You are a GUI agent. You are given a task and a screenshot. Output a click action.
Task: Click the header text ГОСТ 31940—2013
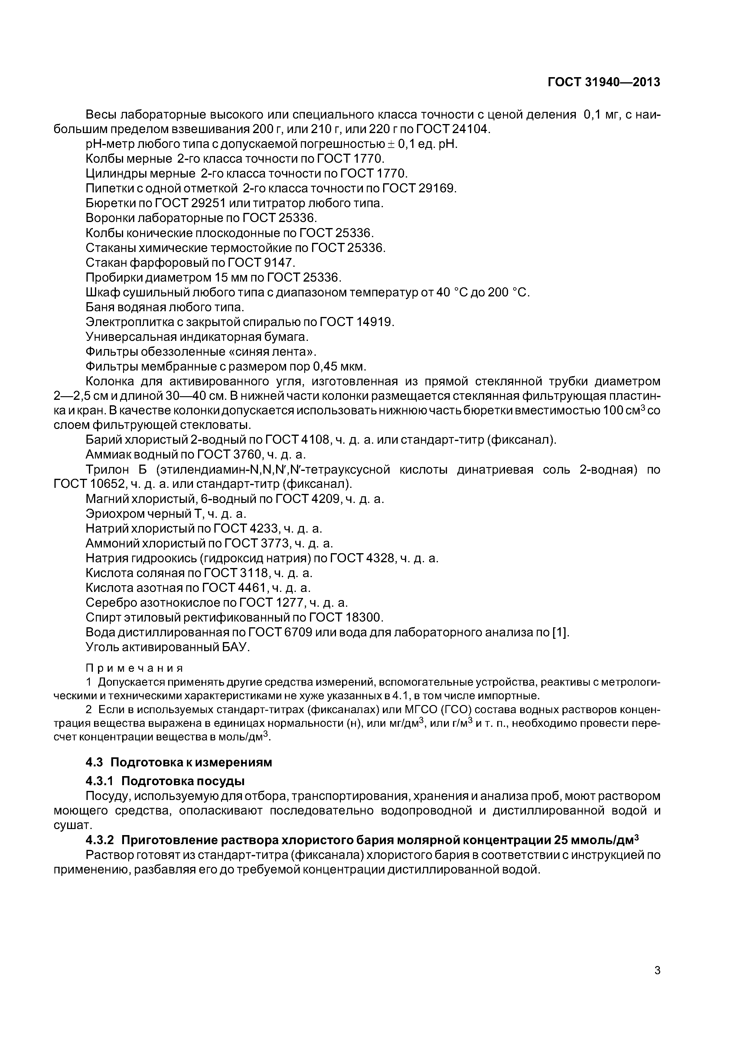604,82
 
